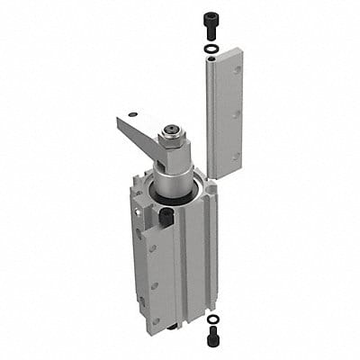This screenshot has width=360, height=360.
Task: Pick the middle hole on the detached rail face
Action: pos(236,113)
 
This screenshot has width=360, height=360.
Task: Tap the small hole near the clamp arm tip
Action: pos(133,114)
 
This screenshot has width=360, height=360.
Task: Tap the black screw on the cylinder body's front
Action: pos(166,215)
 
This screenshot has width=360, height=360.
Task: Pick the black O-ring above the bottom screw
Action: pos(211,319)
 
